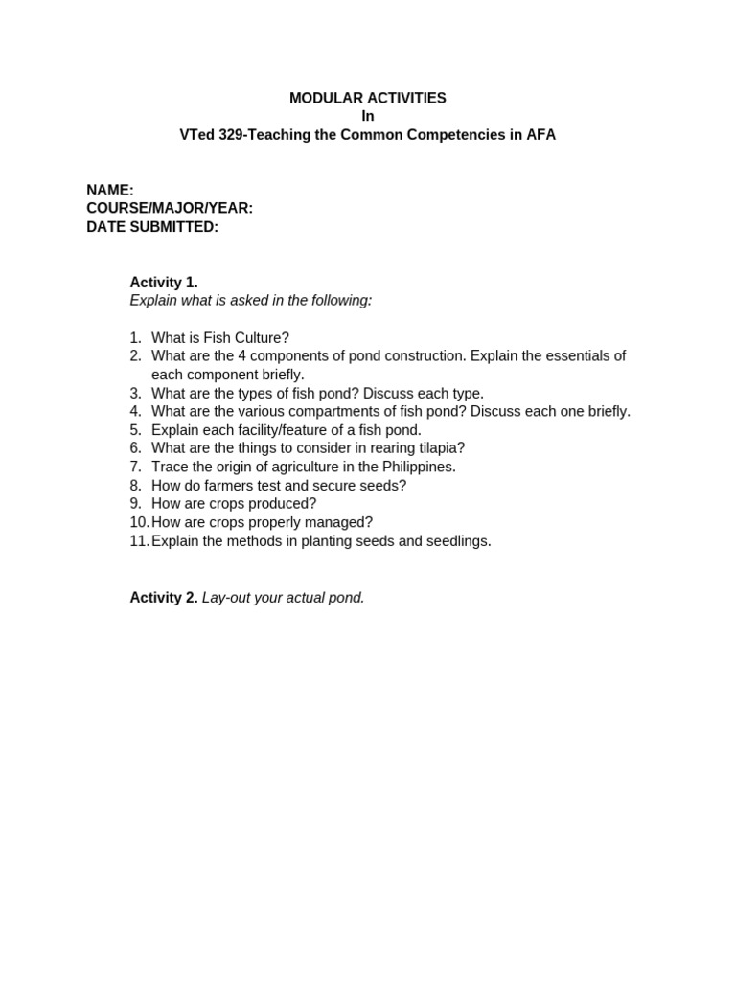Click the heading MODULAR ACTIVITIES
(367, 98)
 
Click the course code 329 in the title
(231, 135)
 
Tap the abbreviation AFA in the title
(540, 135)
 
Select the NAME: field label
(110, 191)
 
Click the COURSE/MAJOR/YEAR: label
(170, 209)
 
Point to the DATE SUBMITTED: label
(152, 227)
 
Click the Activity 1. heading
(164, 283)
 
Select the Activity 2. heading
(164, 598)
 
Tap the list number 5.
(135, 430)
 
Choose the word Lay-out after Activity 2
(225, 598)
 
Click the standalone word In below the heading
(367, 117)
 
